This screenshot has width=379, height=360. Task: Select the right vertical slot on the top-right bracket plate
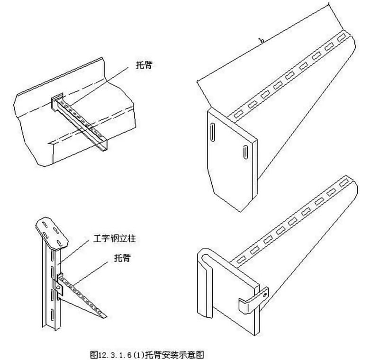(246, 152)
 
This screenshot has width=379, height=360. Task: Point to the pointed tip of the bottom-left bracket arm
(107, 316)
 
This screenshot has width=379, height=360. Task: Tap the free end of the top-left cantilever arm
(104, 150)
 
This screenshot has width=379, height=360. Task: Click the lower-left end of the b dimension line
(196, 81)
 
